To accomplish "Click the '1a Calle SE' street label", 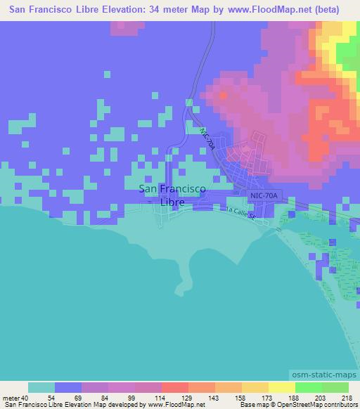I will coord(240,213).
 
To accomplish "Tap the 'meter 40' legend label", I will coord(15,398).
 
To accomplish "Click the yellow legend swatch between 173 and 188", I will coord(283,387).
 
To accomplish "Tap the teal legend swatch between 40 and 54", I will coord(41,387).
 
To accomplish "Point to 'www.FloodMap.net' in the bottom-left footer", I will coord(175,405).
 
